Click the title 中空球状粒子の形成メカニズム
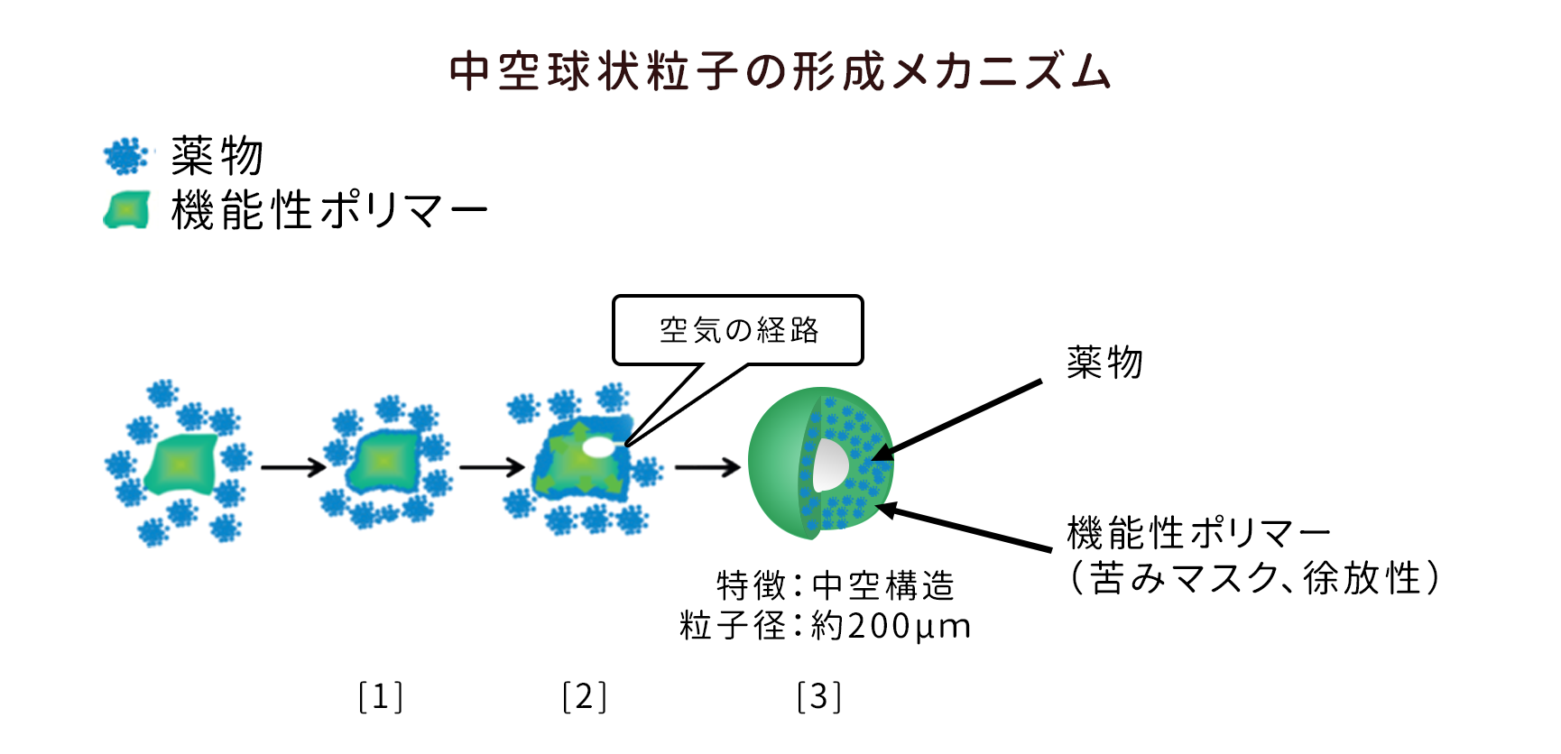(780, 71)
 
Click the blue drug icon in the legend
(125, 157)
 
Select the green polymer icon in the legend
(127, 210)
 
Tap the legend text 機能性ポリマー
(329, 210)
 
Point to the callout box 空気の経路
(738, 330)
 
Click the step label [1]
(380, 697)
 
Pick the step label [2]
(584, 697)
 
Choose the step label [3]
(818, 697)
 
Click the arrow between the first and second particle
(293, 467)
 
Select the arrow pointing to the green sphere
(707, 467)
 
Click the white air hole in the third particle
(596, 446)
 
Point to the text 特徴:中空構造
(835, 586)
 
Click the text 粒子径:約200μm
(825, 626)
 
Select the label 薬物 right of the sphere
(1104, 363)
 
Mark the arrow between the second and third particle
(492, 467)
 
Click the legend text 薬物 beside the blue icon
(217, 157)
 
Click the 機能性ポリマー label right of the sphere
(1197, 533)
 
